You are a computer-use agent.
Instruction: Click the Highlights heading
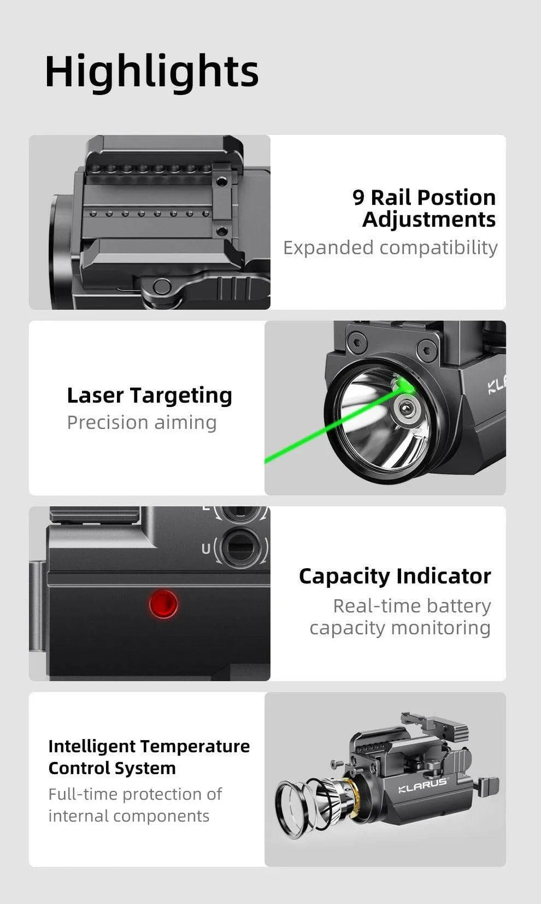151,72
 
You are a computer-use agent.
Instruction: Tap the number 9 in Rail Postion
358,197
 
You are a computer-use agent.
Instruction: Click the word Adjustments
429,220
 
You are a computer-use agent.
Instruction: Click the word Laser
95,395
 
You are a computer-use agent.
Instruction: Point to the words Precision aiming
142,422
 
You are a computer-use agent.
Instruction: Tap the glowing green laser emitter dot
405,386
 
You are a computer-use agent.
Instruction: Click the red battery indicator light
163,604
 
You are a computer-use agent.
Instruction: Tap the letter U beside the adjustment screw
205,548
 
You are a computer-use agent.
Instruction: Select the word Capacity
344,576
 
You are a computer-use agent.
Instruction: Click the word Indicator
443,576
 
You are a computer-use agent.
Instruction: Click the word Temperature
195,746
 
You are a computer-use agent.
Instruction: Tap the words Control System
112,768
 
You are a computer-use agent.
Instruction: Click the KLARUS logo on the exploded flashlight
422,785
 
